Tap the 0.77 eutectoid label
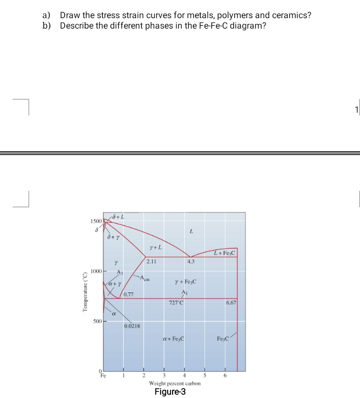coord(129,295)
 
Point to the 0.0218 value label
coord(132,326)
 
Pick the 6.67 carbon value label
coord(231,303)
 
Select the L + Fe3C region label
coord(225,252)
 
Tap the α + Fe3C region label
coord(173,339)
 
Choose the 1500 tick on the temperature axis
coord(96,221)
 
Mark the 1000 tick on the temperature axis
coord(96,272)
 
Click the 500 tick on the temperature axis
coord(97,321)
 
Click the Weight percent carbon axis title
coord(174,383)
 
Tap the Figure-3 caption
coord(170,391)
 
